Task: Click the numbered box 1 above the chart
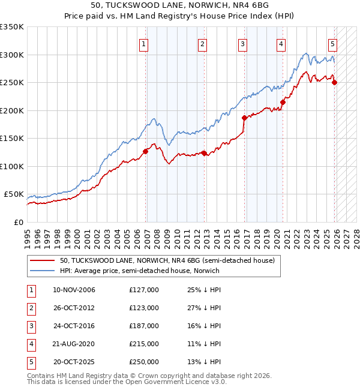145,43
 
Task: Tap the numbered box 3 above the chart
242,43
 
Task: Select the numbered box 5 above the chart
332,43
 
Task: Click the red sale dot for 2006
145,152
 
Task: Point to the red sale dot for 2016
244,118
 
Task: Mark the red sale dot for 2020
283,102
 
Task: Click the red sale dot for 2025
334,83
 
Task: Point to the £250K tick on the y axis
12,83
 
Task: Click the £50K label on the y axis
14,194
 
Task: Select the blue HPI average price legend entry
139,271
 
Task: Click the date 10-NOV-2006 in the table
74,290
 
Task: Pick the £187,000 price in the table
144,325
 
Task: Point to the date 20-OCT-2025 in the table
74,361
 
